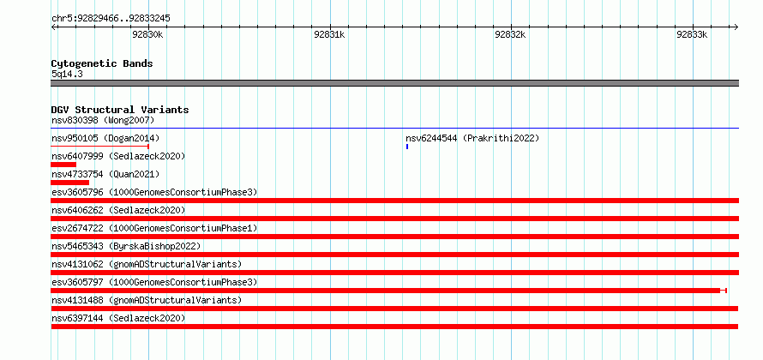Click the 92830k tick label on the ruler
[147, 34]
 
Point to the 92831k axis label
[329, 34]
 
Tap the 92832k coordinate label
[510, 34]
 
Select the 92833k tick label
[692, 34]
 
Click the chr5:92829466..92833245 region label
[111, 19]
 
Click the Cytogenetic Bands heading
[102, 63]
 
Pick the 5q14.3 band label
[67, 74]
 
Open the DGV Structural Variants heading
[120, 110]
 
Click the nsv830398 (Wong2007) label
[103, 120]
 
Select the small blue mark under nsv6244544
[407, 147]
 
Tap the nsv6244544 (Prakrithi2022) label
[472, 138]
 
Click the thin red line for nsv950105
[99, 147]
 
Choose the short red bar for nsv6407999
[63, 165]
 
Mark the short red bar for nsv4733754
[70, 183]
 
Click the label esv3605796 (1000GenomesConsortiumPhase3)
[154, 192]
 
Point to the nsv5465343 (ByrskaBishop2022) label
[126, 246]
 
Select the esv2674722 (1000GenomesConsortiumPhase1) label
[154, 228]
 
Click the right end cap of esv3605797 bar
[726, 291]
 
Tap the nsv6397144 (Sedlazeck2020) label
[118, 318]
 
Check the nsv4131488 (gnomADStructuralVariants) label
[147, 300]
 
